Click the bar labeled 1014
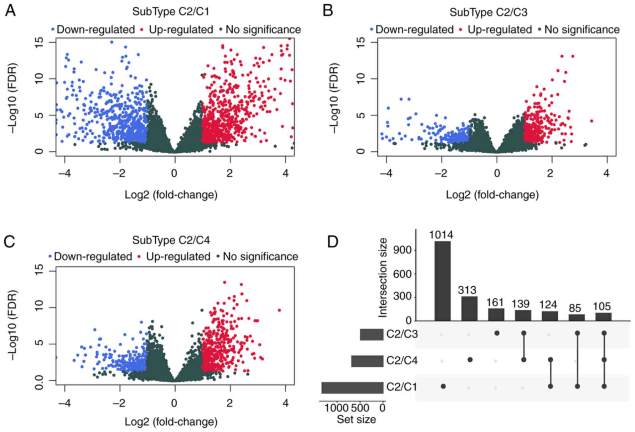[442, 281]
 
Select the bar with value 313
[469, 309]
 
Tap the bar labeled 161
[496, 315]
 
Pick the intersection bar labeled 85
[577, 318]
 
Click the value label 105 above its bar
[603, 307]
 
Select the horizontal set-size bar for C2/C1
[352, 388]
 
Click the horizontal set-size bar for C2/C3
[371, 334]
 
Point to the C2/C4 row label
[402, 361]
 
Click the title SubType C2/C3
[488, 12]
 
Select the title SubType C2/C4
[171, 240]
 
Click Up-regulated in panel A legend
[181, 30]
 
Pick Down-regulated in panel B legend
[414, 30]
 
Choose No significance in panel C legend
[260, 256]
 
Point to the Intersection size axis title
[383, 277]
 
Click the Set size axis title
[356, 419]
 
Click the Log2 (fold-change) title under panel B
[492, 195]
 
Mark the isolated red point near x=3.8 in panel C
[279, 310]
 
